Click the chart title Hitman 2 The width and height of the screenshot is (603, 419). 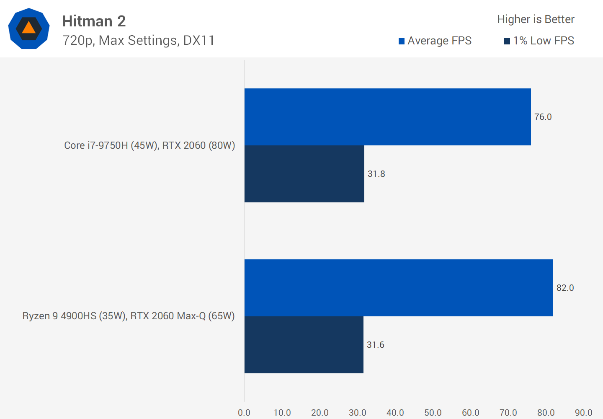[94, 21]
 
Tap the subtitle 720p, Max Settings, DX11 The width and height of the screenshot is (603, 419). [138, 40]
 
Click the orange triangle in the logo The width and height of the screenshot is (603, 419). [28, 28]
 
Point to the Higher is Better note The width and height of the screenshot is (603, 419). [536, 19]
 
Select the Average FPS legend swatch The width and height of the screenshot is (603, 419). [401, 41]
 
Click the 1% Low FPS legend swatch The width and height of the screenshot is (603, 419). [507, 41]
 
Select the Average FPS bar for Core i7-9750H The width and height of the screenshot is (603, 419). [387, 117]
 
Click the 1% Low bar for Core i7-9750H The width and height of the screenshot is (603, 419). [304, 174]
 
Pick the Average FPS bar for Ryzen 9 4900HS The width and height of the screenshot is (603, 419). [399, 288]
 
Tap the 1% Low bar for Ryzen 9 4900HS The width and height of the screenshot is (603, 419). [304, 345]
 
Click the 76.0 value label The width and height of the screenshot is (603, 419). [543, 117]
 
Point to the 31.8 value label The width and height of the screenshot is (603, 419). [376, 174]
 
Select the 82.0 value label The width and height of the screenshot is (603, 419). [565, 288]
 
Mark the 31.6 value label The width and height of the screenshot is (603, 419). [375, 345]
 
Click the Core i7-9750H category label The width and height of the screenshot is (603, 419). [149, 145]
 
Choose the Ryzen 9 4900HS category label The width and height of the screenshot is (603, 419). [129, 316]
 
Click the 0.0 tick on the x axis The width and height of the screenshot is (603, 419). [244, 413]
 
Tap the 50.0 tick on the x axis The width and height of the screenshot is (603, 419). [433, 413]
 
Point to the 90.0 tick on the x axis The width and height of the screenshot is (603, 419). [583, 413]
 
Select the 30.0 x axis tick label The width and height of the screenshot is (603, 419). [358, 413]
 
